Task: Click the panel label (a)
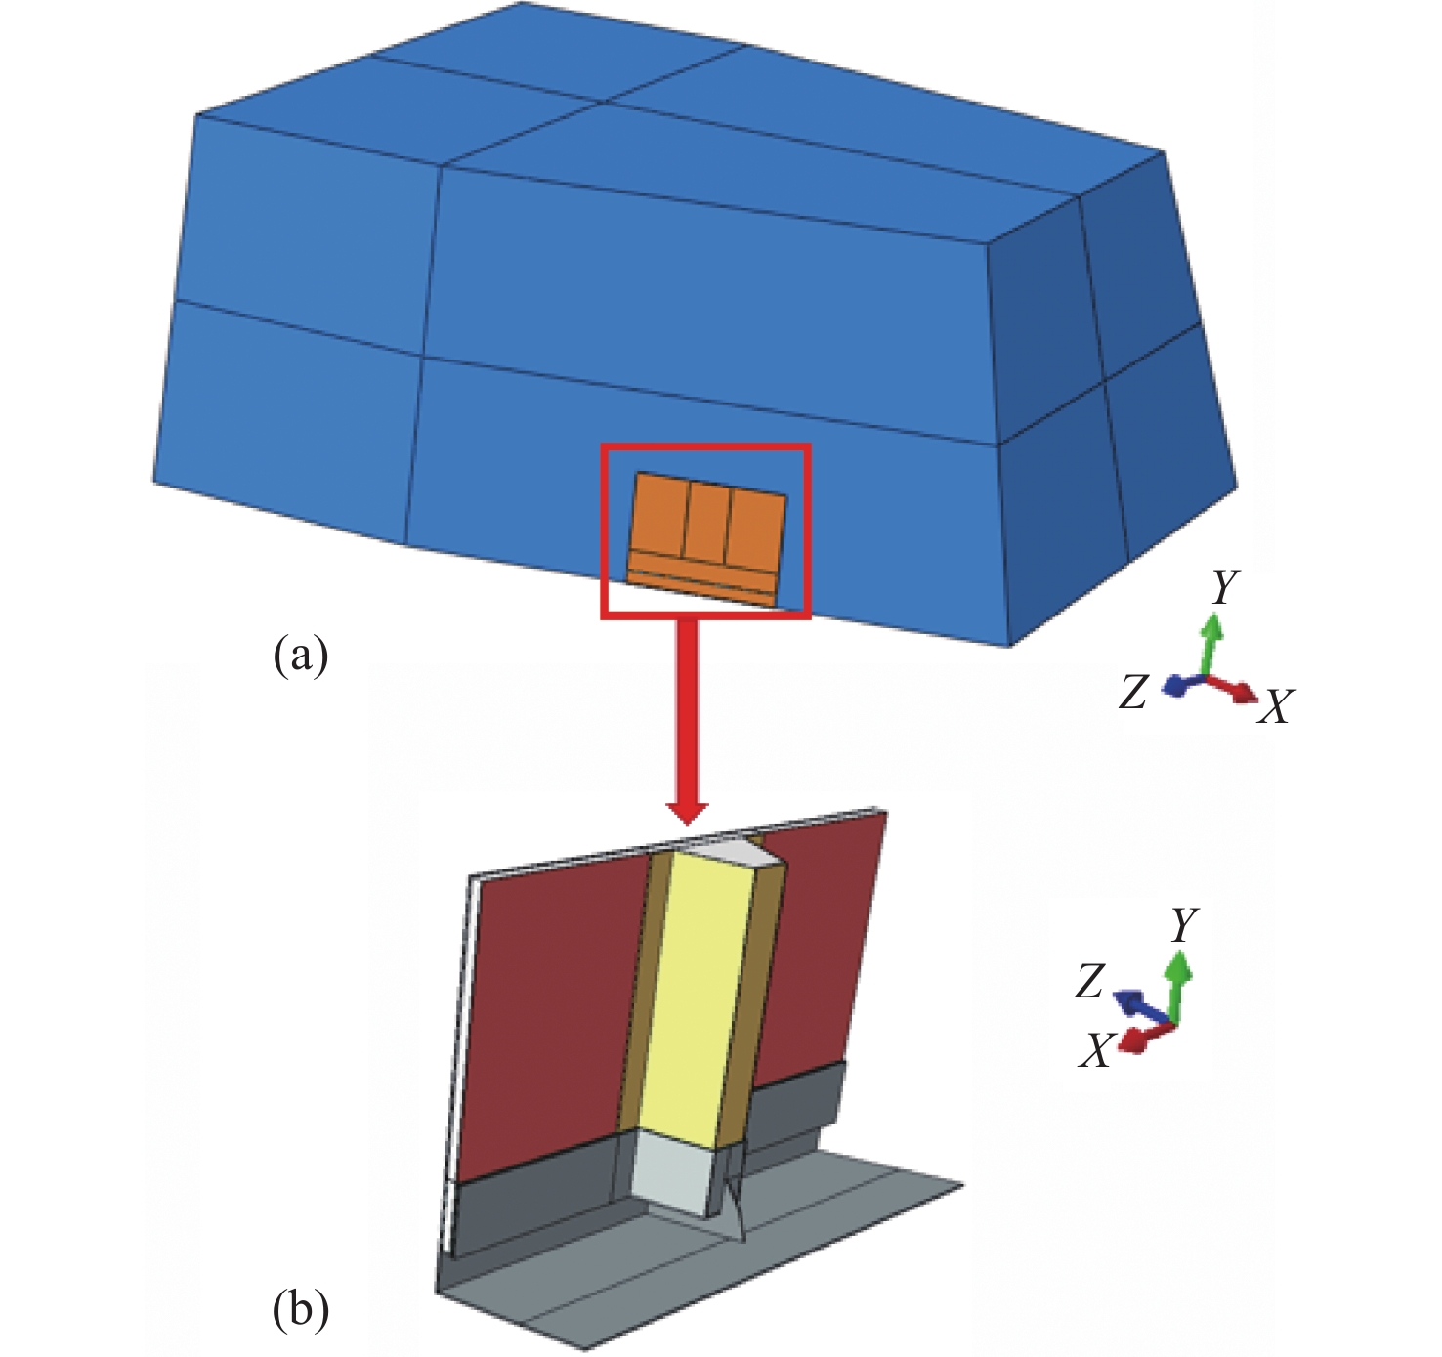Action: (x=300, y=656)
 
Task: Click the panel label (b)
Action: (x=300, y=1309)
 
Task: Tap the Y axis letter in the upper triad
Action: (x=1224, y=587)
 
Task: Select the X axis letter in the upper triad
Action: (x=1275, y=706)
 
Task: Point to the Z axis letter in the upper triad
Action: (x=1133, y=693)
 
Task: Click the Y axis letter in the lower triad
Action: (x=1184, y=924)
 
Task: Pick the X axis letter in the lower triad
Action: (x=1096, y=1052)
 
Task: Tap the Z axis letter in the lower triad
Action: (x=1090, y=982)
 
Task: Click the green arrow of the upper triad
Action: (x=1211, y=640)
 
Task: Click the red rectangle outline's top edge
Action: (x=704, y=448)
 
